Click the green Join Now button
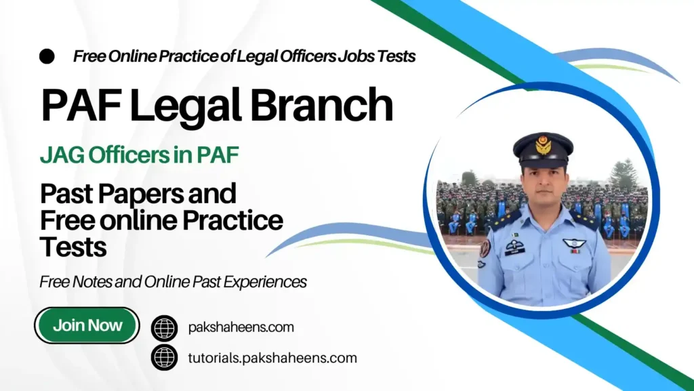87,325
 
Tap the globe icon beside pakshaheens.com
164,328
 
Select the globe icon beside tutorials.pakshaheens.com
164,357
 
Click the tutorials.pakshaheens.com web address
272,358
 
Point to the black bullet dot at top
47,56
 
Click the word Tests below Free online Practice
73,247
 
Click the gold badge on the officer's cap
543,144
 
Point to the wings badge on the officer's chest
574,243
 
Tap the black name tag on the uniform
515,251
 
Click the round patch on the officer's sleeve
485,249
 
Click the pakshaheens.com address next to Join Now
241,328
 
